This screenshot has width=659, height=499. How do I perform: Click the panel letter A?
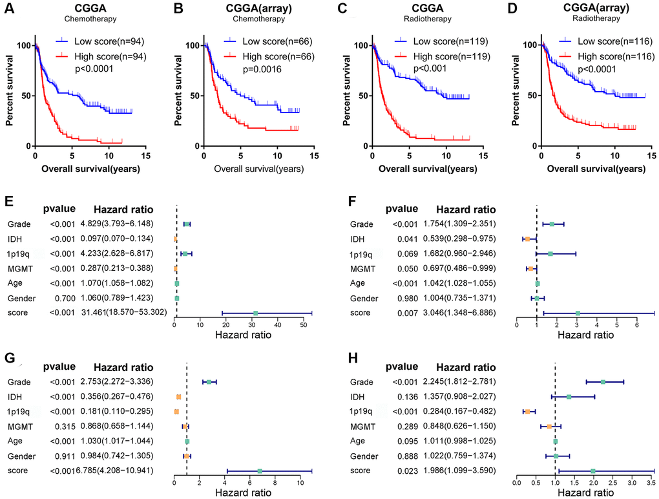[10, 9]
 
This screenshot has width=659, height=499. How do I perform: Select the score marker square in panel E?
[255, 313]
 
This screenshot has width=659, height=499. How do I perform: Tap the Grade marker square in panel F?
[552, 224]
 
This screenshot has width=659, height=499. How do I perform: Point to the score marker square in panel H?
[592, 471]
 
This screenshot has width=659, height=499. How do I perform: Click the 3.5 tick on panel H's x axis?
[654, 483]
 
